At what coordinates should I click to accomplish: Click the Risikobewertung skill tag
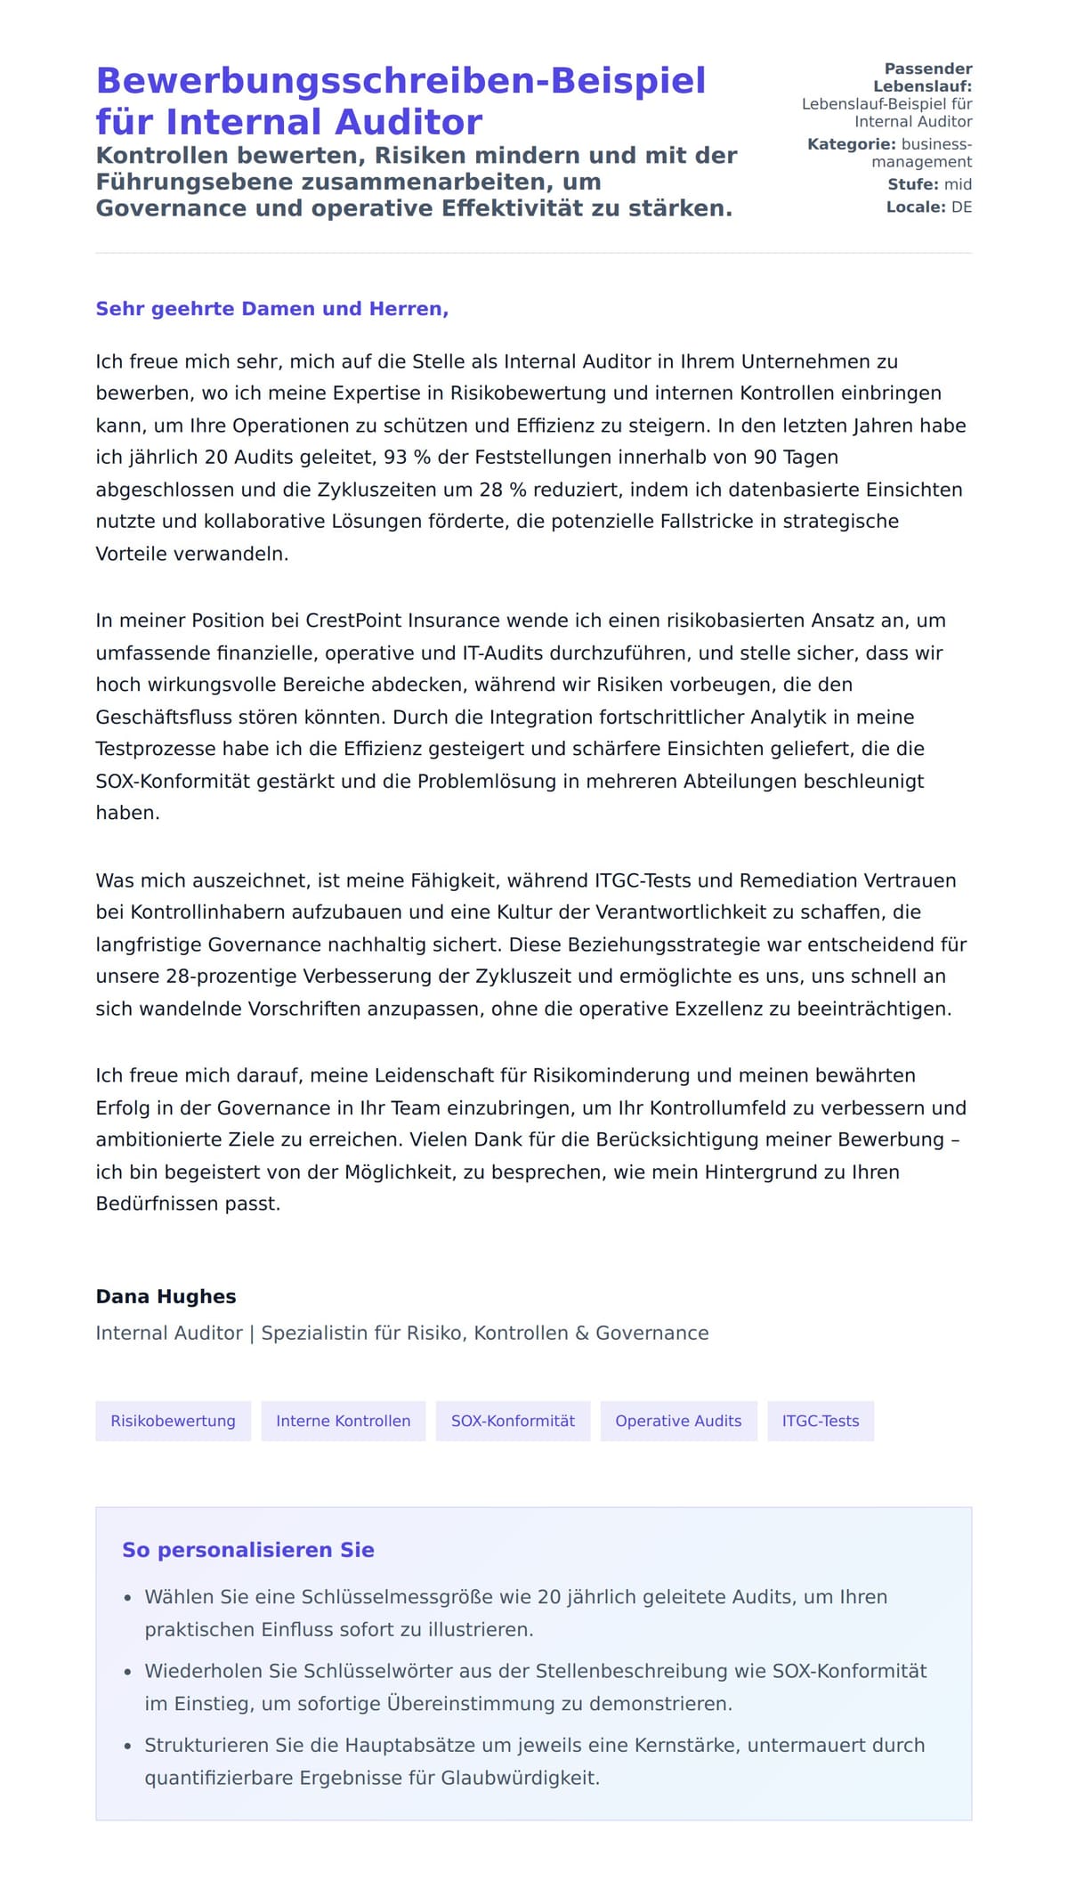173,1421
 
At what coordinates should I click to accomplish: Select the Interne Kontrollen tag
343,1421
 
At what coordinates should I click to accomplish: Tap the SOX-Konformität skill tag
513,1421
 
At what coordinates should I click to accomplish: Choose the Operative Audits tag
678,1421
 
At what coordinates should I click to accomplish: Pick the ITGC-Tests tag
820,1421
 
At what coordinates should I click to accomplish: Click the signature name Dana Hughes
166,1296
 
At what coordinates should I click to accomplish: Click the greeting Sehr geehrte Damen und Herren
271,309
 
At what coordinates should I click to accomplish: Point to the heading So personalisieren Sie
247,1550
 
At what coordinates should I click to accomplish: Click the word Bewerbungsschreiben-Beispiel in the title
400,81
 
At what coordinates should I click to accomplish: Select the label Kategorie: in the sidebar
851,144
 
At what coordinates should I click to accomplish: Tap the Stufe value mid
958,184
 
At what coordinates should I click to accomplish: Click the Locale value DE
961,207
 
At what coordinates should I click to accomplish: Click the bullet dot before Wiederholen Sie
128,1672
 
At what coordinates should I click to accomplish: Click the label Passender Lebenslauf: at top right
926,77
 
